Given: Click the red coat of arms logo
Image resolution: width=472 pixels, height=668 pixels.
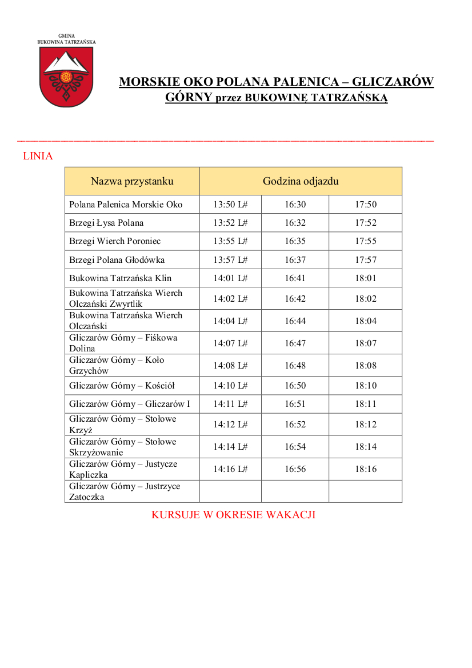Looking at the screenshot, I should [x=66, y=77].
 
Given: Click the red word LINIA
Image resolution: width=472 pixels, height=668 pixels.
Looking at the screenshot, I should [x=38, y=156].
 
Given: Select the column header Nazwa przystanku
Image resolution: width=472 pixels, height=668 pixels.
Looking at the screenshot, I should [x=132, y=181].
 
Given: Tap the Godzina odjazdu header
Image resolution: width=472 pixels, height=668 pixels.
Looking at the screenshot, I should [x=301, y=181].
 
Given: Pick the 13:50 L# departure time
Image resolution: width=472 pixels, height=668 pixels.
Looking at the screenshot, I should [x=230, y=205].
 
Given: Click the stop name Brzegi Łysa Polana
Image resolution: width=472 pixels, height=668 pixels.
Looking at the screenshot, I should [x=106, y=223].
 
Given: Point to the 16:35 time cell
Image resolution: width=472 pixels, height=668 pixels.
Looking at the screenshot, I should [x=295, y=241].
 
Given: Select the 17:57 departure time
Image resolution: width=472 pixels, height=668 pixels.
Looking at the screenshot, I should [x=366, y=260].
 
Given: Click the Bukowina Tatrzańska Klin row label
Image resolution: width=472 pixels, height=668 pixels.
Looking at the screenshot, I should [x=120, y=278].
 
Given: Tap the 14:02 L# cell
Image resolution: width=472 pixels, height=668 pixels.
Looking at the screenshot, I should [x=230, y=298].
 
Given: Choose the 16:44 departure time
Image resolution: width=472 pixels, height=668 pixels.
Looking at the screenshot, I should [x=295, y=321].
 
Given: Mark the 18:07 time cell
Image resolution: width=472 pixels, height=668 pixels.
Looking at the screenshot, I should [x=366, y=343].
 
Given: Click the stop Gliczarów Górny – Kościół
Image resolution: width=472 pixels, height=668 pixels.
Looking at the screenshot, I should [x=122, y=386].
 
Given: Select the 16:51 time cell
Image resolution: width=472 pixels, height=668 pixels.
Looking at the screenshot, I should [x=295, y=404].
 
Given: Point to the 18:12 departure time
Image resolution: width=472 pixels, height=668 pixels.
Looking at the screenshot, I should [x=366, y=425].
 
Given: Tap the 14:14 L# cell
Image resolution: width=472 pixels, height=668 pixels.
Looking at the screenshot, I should [x=230, y=447].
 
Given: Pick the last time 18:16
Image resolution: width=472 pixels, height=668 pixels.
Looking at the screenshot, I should [x=366, y=469].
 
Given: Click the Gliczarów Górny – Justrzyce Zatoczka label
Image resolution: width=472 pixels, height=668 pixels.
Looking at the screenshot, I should [x=125, y=491].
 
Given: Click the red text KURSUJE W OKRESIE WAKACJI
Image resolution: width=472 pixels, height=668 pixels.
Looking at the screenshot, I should [x=233, y=515].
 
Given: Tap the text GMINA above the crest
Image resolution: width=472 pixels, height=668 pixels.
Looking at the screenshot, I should [x=66, y=35].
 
